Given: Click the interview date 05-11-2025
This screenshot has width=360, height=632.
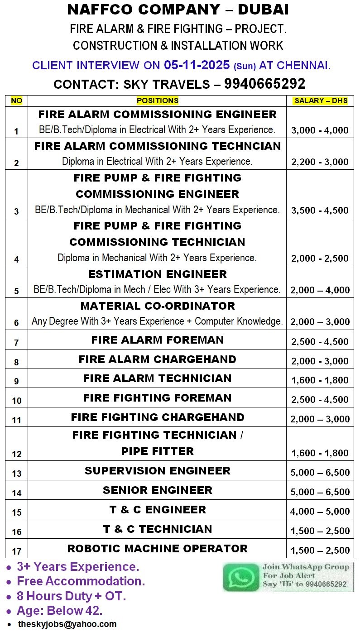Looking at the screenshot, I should pyautogui.click(x=197, y=65).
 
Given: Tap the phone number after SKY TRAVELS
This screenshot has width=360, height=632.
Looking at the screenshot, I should pyautogui.click(x=264, y=84).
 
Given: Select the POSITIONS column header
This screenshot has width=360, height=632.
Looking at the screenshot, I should pyautogui.click(x=158, y=101).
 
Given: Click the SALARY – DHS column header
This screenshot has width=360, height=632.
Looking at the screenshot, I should pyautogui.click(x=321, y=101).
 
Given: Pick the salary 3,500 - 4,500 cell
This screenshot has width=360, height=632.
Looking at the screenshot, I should pyautogui.click(x=320, y=210).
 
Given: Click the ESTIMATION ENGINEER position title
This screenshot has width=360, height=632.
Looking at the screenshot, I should pyautogui.click(x=158, y=274).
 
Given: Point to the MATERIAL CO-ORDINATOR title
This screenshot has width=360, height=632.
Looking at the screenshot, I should pyautogui.click(x=158, y=306).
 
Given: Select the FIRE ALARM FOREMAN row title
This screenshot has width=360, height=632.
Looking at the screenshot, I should pyautogui.click(x=158, y=340).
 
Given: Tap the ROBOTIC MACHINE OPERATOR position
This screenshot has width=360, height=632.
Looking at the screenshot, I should pyautogui.click(x=158, y=549).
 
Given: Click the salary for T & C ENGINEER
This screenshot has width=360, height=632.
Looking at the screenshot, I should pyautogui.click(x=320, y=512).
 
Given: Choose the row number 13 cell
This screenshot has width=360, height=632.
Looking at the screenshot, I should pyautogui.click(x=17, y=474).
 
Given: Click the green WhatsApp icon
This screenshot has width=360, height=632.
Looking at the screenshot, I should pyautogui.click(x=241, y=577).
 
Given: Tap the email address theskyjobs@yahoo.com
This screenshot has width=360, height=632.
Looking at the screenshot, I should pyautogui.click(x=67, y=624).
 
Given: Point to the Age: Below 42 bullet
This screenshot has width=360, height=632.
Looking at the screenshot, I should pyautogui.click(x=59, y=610).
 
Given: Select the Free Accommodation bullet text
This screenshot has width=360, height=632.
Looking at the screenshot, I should pyautogui.click(x=81, y=581).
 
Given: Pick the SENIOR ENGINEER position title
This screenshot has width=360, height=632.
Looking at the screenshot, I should pyautogui.click(x=158, y=490).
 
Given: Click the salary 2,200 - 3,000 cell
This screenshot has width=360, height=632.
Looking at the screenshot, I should pyautogui.click(x=320, y=162).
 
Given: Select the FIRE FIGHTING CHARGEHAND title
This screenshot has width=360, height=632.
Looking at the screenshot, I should pyautogui.click(x=158, y=417).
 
